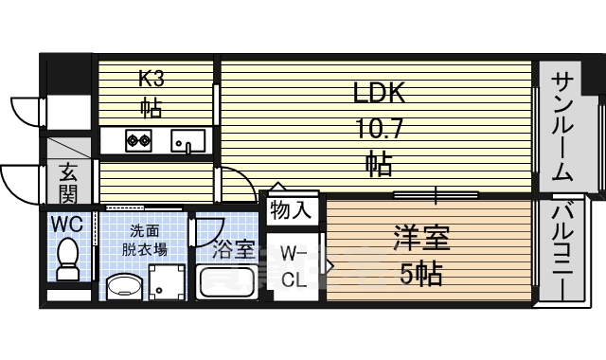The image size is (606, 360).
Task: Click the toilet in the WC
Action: (68, 259)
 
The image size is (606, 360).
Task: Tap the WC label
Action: (67, 224)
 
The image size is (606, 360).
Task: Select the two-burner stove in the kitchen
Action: (138, 140)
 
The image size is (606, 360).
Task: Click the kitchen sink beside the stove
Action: (187, 141)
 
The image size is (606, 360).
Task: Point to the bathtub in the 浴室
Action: (227, 282)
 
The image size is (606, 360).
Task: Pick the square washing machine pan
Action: (167, 282)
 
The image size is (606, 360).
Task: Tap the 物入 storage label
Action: (291, 210)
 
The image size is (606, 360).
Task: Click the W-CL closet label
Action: (294, 267)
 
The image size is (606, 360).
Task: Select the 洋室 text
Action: (422, 238)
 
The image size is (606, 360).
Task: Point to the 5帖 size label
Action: (420, 274)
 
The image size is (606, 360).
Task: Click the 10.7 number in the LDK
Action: (379, 129)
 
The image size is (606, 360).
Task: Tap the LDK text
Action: (380, 93)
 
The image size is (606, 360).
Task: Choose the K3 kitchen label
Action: (151, 79)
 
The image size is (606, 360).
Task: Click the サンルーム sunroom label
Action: (561, 129)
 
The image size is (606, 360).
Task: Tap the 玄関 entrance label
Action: (69, 183)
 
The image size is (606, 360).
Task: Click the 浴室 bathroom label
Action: (234, 249)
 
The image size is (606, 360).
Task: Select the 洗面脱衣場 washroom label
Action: (144, 241)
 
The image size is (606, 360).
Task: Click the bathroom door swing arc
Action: (215, 237)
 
